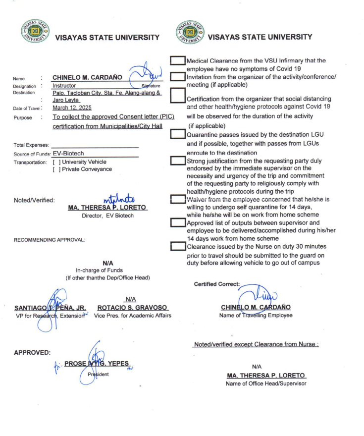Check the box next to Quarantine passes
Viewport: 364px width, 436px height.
[177, 134]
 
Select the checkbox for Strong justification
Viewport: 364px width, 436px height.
[177, 161]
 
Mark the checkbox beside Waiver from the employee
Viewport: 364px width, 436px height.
[177, 199]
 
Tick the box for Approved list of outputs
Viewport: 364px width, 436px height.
[177, 222]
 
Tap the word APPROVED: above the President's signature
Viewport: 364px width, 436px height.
[32, 353]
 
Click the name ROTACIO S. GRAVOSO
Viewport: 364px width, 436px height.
[133, 308]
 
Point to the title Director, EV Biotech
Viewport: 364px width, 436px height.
[108, 215]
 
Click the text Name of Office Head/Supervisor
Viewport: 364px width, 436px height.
[266, 383]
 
